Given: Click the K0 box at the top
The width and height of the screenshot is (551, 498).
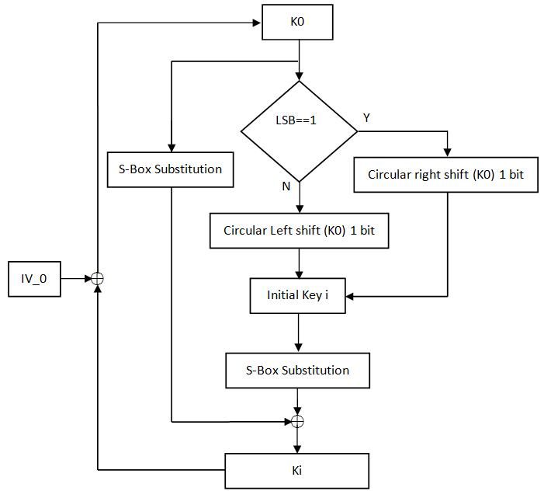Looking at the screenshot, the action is pyautogui.click(x=297, y=23).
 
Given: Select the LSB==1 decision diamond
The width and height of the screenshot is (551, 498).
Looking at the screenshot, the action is pyautogui.click(x=299, y=131).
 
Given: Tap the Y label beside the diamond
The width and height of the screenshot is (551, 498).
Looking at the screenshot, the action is pyautogui.click(x=366, y=118).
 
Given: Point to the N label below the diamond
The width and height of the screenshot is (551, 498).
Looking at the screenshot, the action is pyautogui.click(x=286, y=186).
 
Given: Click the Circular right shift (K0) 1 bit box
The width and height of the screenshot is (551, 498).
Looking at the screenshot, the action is pyautogui.click(x=446, y=175).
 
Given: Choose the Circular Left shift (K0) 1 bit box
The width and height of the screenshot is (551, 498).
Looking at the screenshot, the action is pyautogui.click(x=299, y=231).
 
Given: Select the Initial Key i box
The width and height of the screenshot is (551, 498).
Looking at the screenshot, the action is pyautogui.click(x=298, y=296).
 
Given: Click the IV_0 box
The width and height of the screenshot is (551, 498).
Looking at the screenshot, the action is pyautogui.click(x=34, y=279).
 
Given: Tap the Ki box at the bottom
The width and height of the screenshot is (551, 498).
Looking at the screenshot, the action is pyautogui.click(x=297, y=471).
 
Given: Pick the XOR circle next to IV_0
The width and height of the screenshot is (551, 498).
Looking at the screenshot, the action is pyautogui.click(x=97, y=279).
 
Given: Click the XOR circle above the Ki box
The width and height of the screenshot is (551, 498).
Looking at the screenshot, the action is pyautogui.click(x=297, y=421).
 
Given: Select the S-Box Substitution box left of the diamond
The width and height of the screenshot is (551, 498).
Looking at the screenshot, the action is pyautogui.click(x=171, y=169).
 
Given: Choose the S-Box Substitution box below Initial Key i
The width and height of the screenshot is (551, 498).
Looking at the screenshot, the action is pyautogui.click(x=298, y=371).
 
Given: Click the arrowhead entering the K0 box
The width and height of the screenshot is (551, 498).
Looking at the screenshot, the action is pyautogui.click(x=257, y=23).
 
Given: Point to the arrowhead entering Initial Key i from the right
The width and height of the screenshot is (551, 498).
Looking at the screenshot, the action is pyautogui.click(x=350, y=297).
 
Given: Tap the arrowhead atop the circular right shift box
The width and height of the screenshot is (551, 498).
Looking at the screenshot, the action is pyautogui.click(x=447, y=152).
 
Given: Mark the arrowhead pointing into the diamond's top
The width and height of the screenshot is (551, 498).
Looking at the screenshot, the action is pyautogui.click(x=299, y=76).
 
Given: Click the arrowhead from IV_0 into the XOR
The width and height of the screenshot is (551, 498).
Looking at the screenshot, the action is pyautogui.click(x=88, y=279).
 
